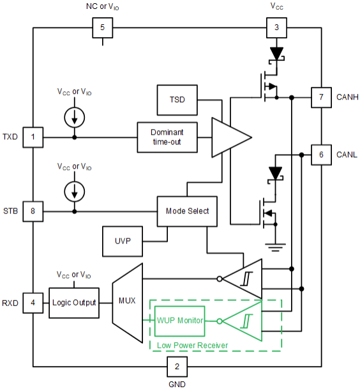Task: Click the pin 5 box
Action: coord(103,28)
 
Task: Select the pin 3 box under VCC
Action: coord(276,28)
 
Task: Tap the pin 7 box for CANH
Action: coord(321,98)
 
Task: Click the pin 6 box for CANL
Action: coord(321,155)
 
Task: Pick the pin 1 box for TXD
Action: coord(33,137)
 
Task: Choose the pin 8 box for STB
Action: coord(33,211)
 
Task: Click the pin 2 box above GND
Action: coord(177,367)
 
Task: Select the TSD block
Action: coord(177,101)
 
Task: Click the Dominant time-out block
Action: coord(167,137)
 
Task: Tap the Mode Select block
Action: coord(187,211)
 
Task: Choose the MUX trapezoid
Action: coord(127,301)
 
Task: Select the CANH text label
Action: coord(349,98)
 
